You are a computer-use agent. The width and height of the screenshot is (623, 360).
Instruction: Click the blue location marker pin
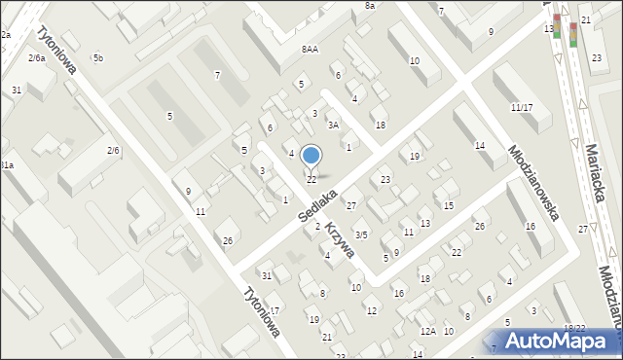point(311,156)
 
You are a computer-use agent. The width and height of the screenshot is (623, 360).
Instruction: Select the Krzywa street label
point(340,243)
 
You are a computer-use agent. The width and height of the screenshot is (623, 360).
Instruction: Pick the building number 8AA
point(311,50)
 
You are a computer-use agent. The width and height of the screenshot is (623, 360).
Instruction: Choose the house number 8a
point(370,6)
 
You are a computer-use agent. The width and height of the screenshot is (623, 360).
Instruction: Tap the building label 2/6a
point(37,58)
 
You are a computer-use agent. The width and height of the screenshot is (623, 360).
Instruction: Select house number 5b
point(97,58)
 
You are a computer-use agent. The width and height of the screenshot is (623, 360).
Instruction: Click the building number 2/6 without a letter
point(113,150)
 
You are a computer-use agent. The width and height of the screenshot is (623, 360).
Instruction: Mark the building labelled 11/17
point(521,107)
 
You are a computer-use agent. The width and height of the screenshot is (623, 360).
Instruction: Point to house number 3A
point(333,126)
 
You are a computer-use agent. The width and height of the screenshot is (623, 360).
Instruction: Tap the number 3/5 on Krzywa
point(361,234)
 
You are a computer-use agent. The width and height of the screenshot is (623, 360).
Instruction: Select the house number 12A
point(426,332)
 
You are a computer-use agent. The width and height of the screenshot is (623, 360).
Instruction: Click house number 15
point(448,206)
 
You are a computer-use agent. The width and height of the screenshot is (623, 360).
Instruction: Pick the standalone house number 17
point(275,310)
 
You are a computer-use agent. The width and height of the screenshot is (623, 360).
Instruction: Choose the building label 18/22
point(574,329)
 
